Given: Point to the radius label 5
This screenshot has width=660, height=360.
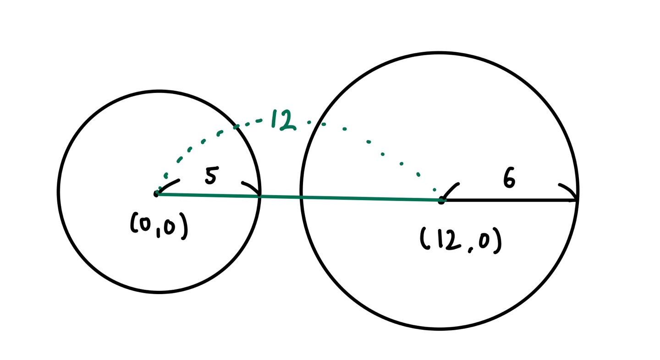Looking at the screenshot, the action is pyautogui.click(x=211, y=176).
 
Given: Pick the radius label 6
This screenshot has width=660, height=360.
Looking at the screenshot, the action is pyautogui.click(x=509, y=178).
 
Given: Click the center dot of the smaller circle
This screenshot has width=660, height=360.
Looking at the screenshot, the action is pyautogui.click(x=156, y=194).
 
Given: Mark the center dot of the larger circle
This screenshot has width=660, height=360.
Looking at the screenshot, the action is pyautogui.click(x=441, y=200).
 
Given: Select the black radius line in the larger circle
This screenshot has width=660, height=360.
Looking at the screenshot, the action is pyautogui.click(x=509, y=200).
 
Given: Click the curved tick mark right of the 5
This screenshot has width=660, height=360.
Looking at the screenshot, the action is pyautogui.click(x=251, y=187).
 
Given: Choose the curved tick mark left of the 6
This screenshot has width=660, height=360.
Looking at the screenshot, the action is pyautogui.click(x=451, y=190).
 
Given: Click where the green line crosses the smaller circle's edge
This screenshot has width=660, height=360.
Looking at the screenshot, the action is pyautogui.click(x=259, y=196).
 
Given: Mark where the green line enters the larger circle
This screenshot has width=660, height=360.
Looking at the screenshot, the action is pyautogui.click(x=302, y=197).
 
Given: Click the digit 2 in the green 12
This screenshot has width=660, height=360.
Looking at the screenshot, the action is pyautogui.click(x=287, y=121).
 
